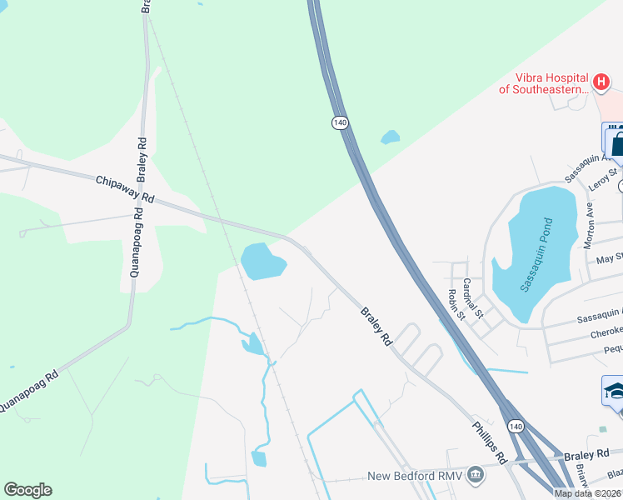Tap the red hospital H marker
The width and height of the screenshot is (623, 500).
click(601, 82)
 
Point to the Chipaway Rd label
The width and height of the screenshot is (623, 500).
click(125, 189)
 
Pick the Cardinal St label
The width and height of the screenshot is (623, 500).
click(472, 297)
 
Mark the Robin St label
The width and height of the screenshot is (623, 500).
click(456, 305)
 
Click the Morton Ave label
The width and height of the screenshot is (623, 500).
click(589, 218)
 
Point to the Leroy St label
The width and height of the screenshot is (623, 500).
click(602, 179)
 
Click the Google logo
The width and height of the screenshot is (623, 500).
click(27, 490)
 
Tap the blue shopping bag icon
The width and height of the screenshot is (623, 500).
click(614, 141)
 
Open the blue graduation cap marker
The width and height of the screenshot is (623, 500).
click(614, 391)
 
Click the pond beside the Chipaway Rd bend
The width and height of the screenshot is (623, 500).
click(262, 262)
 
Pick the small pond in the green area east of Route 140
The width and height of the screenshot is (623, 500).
click(390, 137)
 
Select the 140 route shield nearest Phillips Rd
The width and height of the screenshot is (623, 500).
click(516, 427)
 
